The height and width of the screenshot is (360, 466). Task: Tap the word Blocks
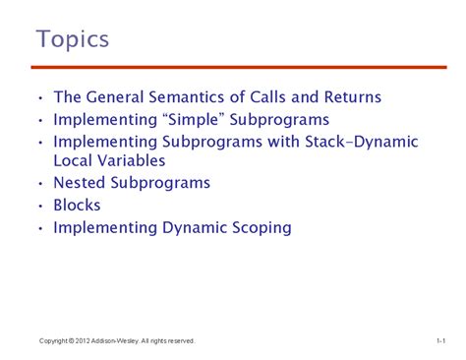[x=78, y=206]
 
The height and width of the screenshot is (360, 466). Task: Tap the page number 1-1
[x=440, y=340]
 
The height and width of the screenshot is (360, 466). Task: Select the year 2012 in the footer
[x=84, y=340]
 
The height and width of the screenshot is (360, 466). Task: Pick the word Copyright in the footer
[x=53, y=340]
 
